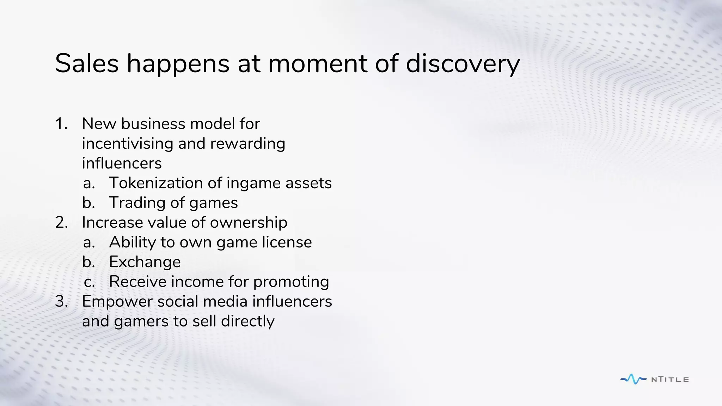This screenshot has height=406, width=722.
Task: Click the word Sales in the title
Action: pyautogui.click(x=87, y=63)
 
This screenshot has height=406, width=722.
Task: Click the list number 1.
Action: pyautogui.click(x=61, y=124)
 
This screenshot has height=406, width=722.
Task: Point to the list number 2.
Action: pyautogui.click(x=61, y=222)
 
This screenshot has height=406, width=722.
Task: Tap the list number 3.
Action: pyautogui.click(x=61, y=301)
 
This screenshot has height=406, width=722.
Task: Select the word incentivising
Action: pyautogui.click(x=127, y=143)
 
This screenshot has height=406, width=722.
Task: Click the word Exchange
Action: pyautogui.click(x=145, y=262)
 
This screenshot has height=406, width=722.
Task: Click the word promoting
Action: pyautogui.click(x=291, y=282)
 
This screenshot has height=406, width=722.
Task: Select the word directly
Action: pyautogui.click(x=247, y=321)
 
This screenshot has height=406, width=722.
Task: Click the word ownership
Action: pyautogui.click(x=249, y=223)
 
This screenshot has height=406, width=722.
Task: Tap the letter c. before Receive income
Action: pyautogui.click(x=89, y=282)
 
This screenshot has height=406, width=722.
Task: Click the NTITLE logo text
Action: pyautogui.click(x=670, y=380)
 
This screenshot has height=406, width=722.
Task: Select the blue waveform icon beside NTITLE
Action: pyautogui.click(x=634, y=379)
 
